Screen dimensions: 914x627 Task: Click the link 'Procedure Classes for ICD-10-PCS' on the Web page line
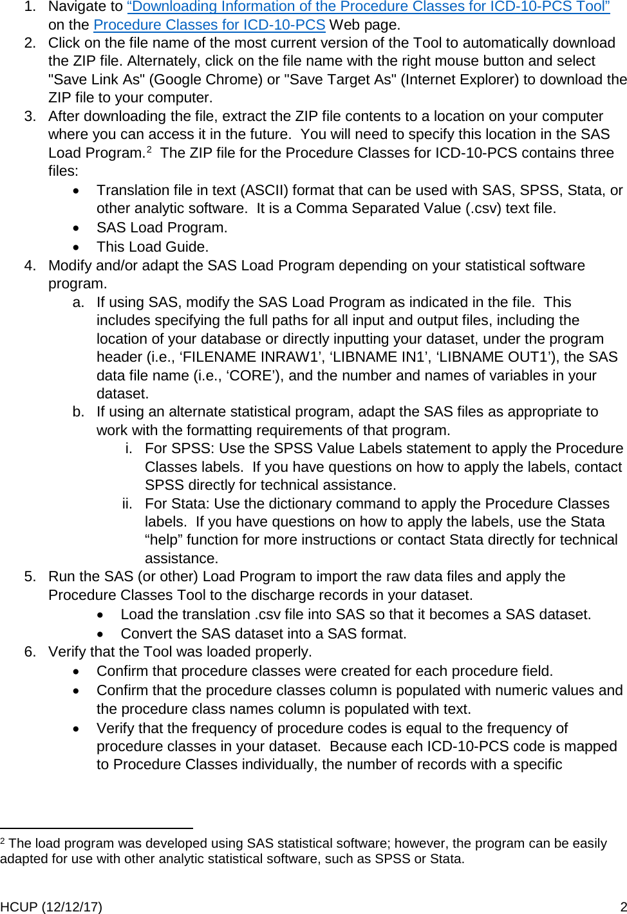209,25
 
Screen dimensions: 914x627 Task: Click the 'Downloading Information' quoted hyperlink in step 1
368,7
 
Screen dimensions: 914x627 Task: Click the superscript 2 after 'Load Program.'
149,150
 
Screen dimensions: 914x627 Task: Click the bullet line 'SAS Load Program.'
162,228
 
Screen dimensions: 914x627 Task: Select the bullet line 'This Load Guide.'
153,247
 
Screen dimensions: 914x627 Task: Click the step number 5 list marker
30,577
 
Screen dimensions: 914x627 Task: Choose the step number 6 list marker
30,652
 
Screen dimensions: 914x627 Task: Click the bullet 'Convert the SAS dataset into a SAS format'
263,634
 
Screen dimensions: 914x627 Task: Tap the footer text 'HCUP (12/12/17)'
51,907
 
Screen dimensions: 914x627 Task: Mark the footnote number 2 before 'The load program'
3,841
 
